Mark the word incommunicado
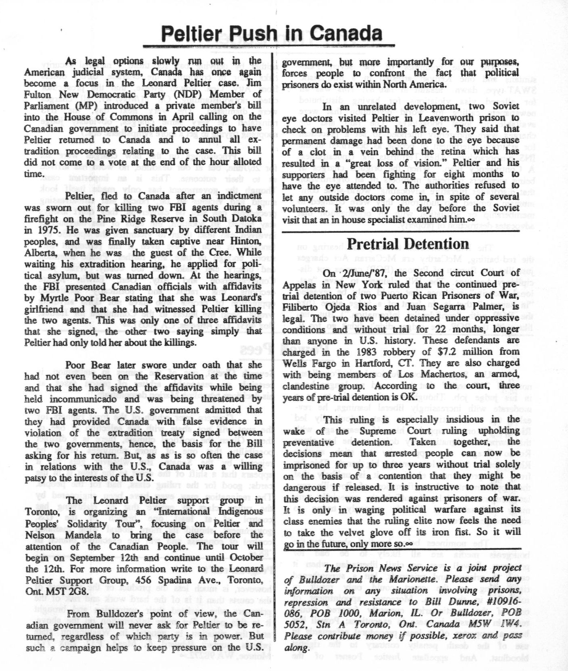[x=85, y=399]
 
